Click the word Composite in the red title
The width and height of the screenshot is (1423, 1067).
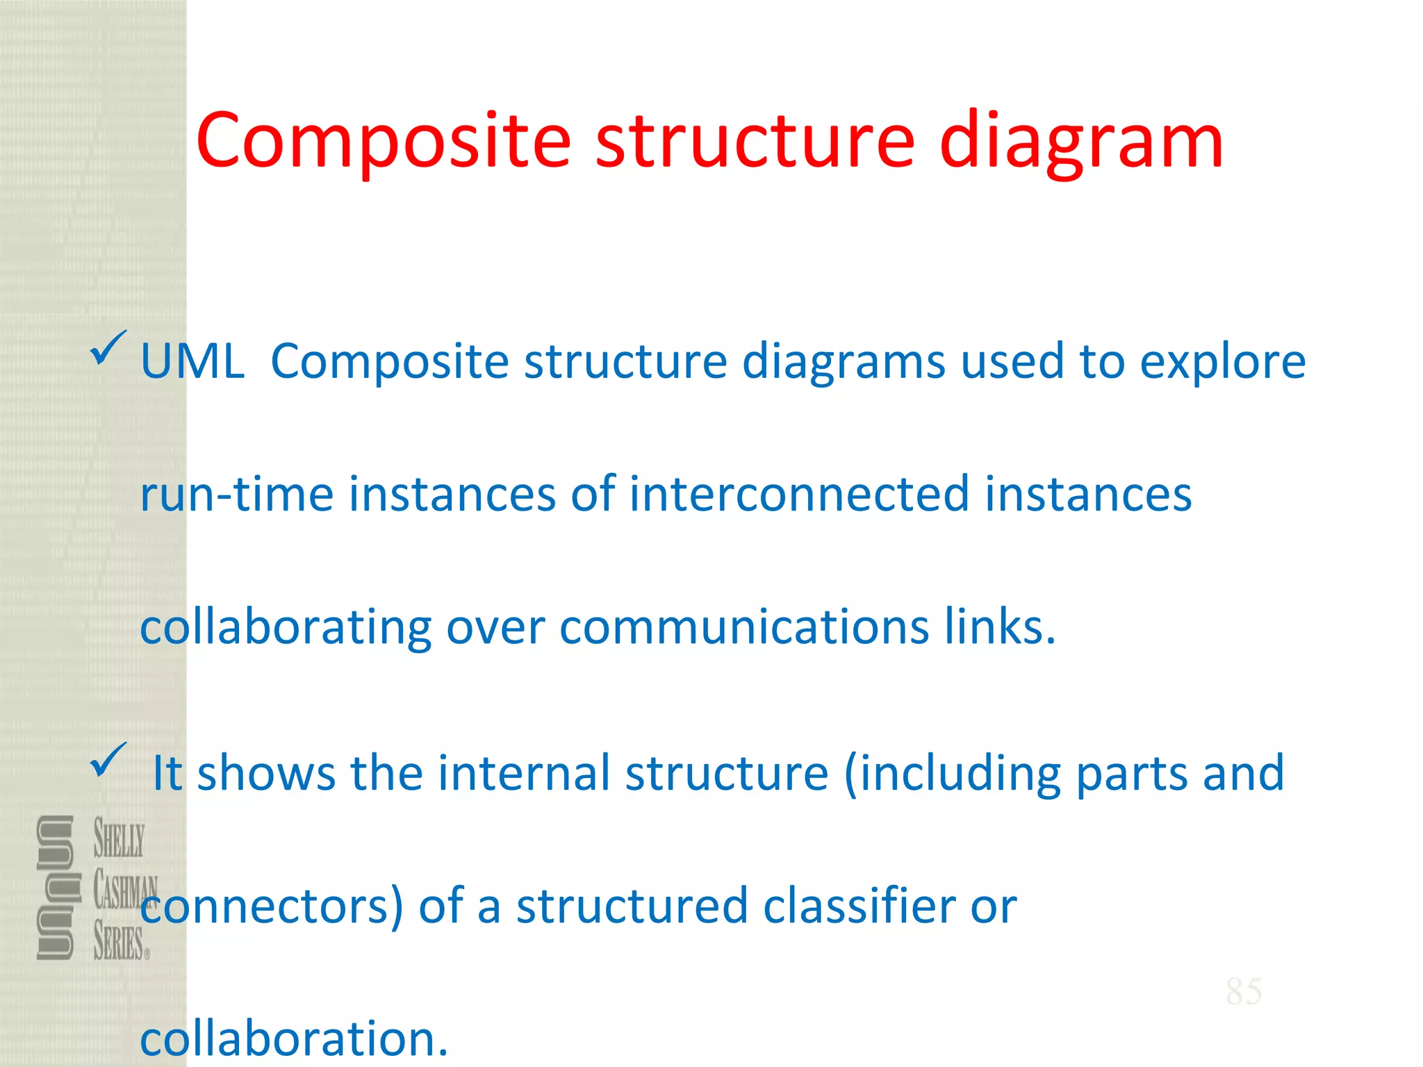pyautogui.click(x=383, y=142)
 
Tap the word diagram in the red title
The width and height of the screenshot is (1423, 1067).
pyautogui.click(x=1081, y=142)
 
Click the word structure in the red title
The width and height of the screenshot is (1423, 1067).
pyautogui.click(x=755, y=142)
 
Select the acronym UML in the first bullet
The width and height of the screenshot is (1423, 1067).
pyautogui.click(x=192, y=362)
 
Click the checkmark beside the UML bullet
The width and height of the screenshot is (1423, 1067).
pyautogui.click(x=108, y=348)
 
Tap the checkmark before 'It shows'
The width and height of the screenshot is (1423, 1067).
pyautogui.click(x=108, y=760)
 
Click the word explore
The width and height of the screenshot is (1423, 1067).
pyautogui.click(x=1223, y=362)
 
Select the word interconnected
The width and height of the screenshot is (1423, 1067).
pyautogui.click(x=799, y=494)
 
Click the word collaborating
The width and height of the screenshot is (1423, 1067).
pyautogui.click(x=286, y=627)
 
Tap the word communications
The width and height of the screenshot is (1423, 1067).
pyautogui.click(x=744, y=627)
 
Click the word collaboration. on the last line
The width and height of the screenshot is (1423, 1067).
pyautogui.click(x=294, y=1039)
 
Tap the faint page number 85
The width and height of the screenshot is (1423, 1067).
pyautogui.click(x=1244, y=991)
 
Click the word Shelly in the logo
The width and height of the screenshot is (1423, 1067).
pyautogui.click(x=120, y=838)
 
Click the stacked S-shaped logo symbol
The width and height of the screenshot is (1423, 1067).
pyautogui.click(x=56, y=888)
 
